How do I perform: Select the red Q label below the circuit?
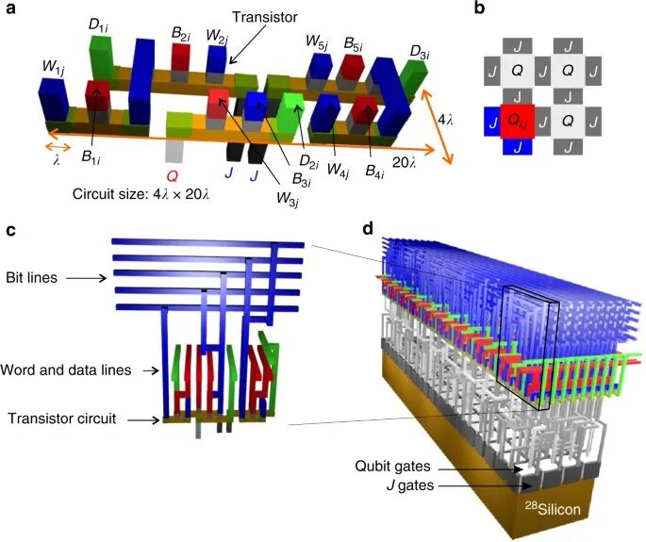pos(171,174)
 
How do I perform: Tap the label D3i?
pos(420,52)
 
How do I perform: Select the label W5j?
pos(317,42)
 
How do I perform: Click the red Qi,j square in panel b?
pos(515,121)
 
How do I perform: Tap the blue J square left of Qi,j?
pos(490,121)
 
